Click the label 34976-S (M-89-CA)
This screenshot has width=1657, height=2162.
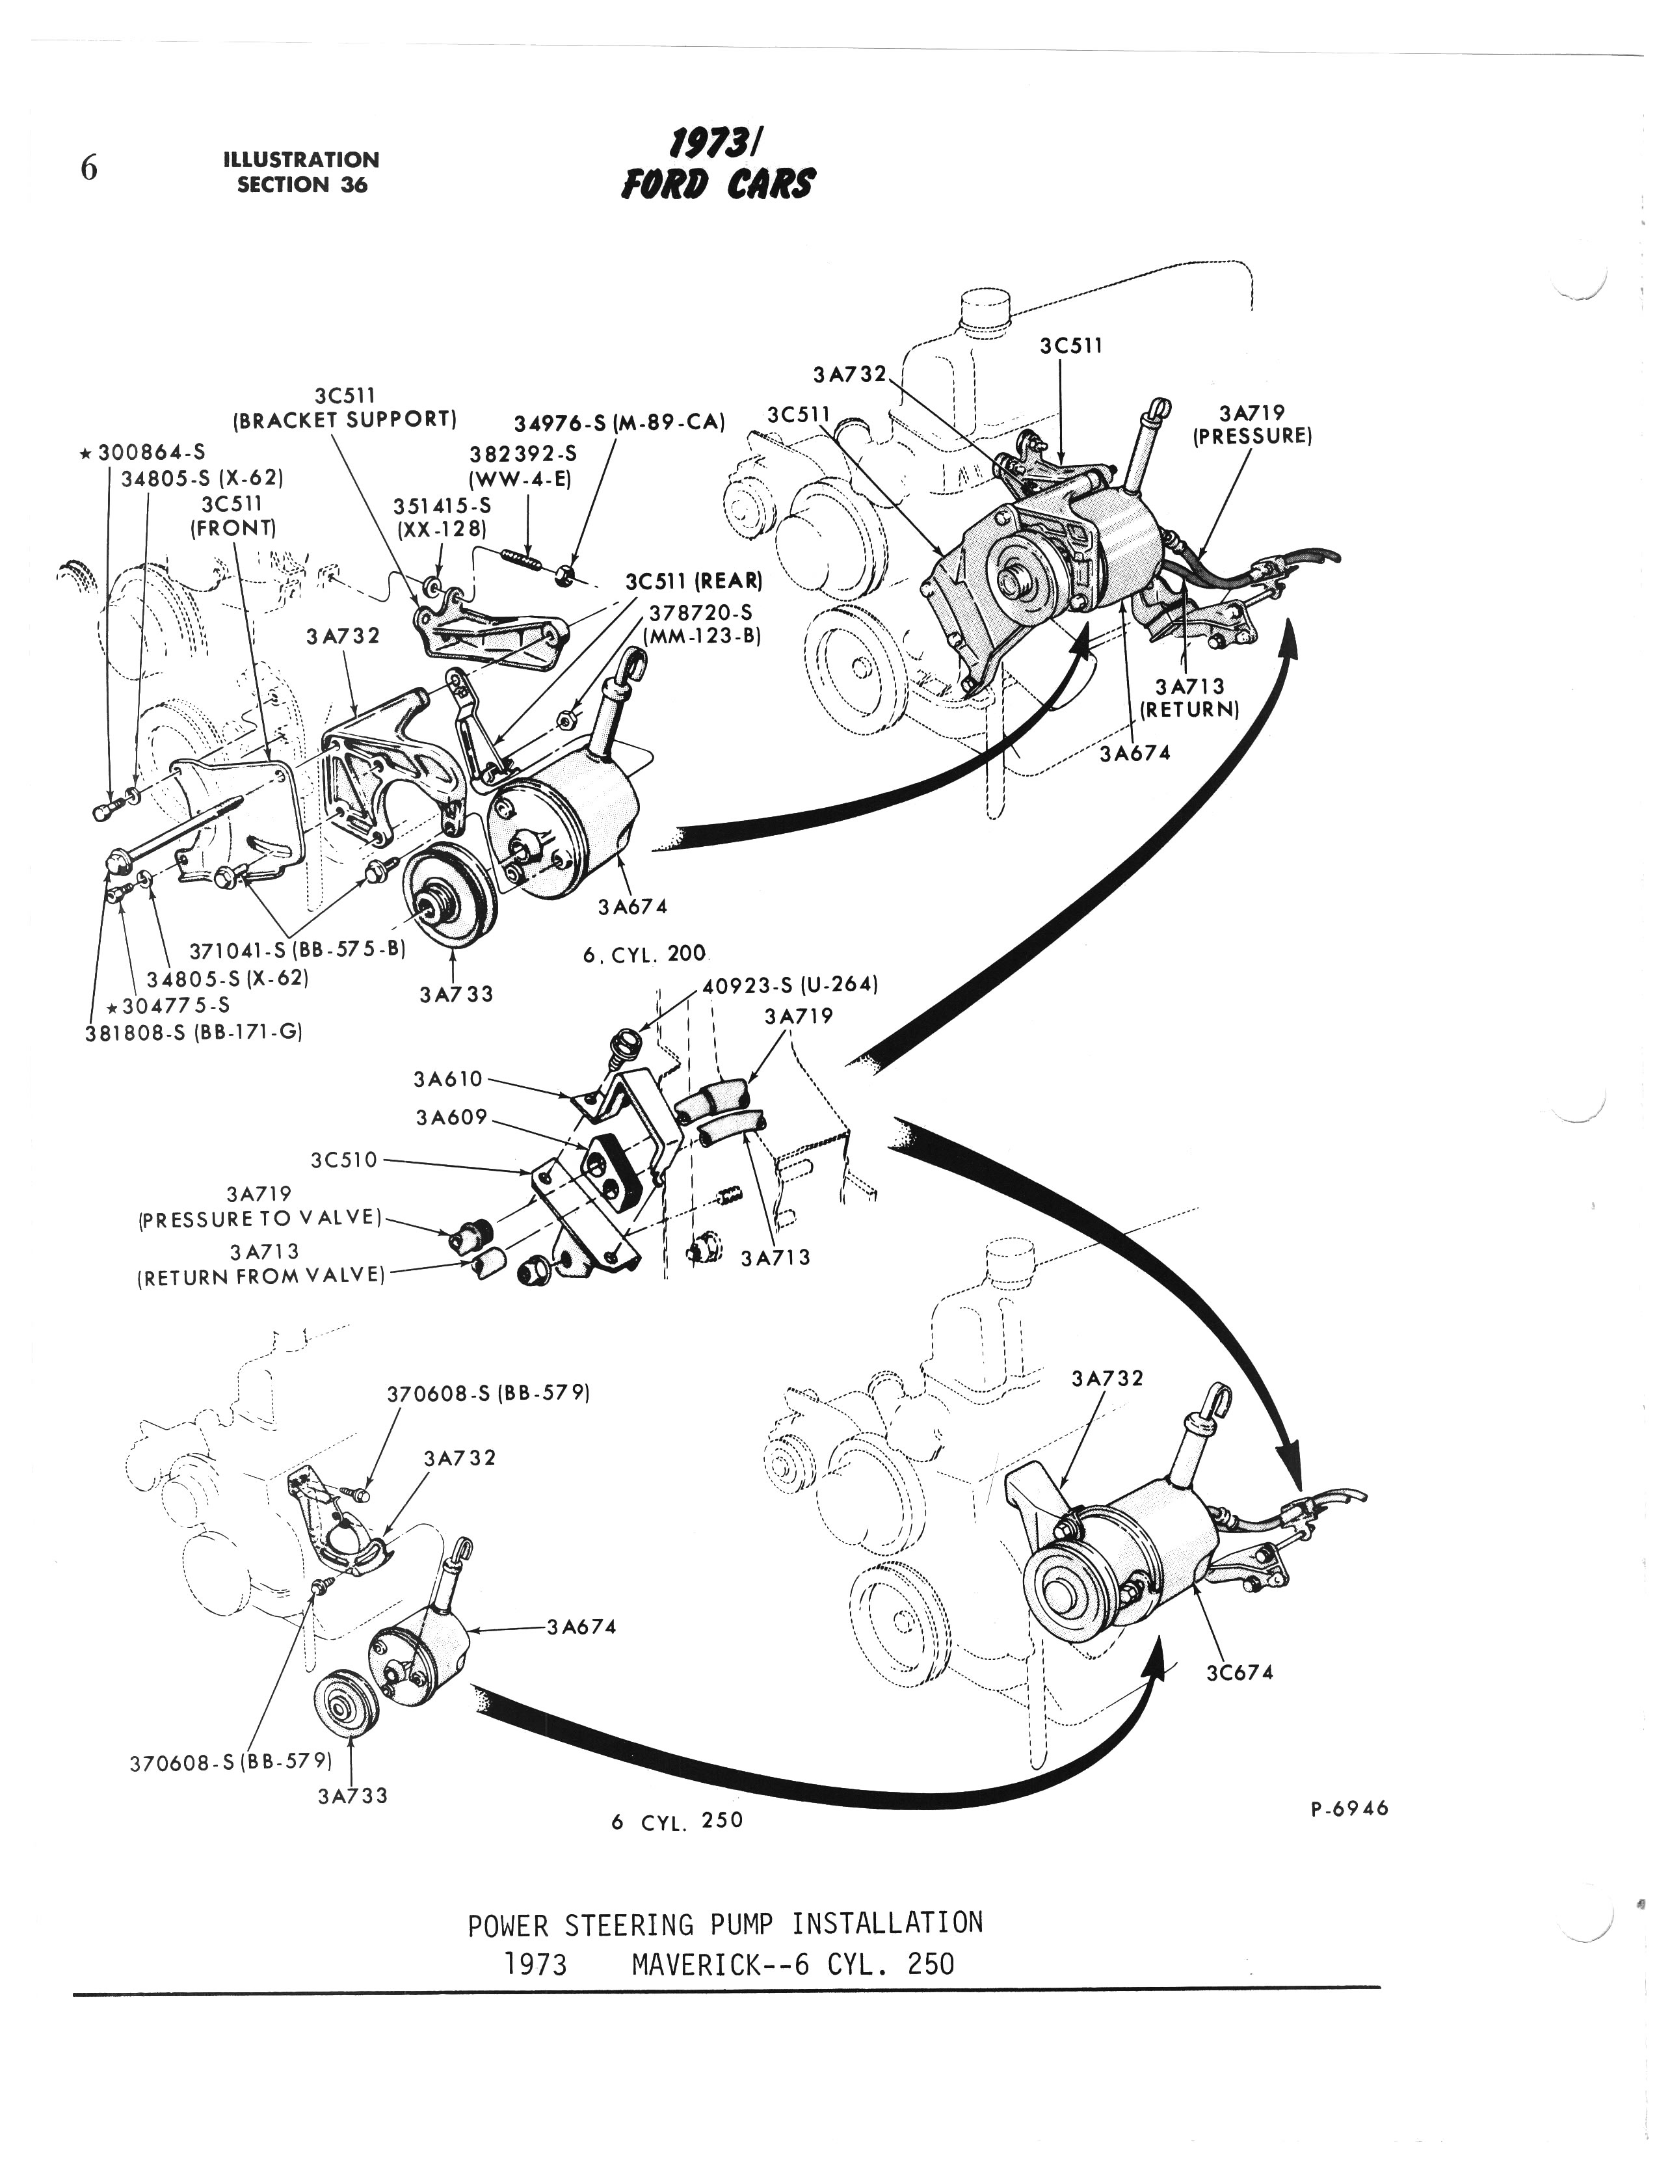point(619,424)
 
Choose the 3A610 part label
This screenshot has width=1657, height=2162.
point(449,1079)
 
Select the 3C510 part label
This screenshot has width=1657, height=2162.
point(344,1160)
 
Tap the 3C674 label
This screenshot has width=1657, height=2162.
point(1239,1673)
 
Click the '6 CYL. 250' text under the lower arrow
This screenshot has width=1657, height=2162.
point(676,1821)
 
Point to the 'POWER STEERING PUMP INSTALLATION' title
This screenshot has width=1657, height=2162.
point(725,1923)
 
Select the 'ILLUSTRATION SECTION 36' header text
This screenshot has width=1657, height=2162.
point(301,172)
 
